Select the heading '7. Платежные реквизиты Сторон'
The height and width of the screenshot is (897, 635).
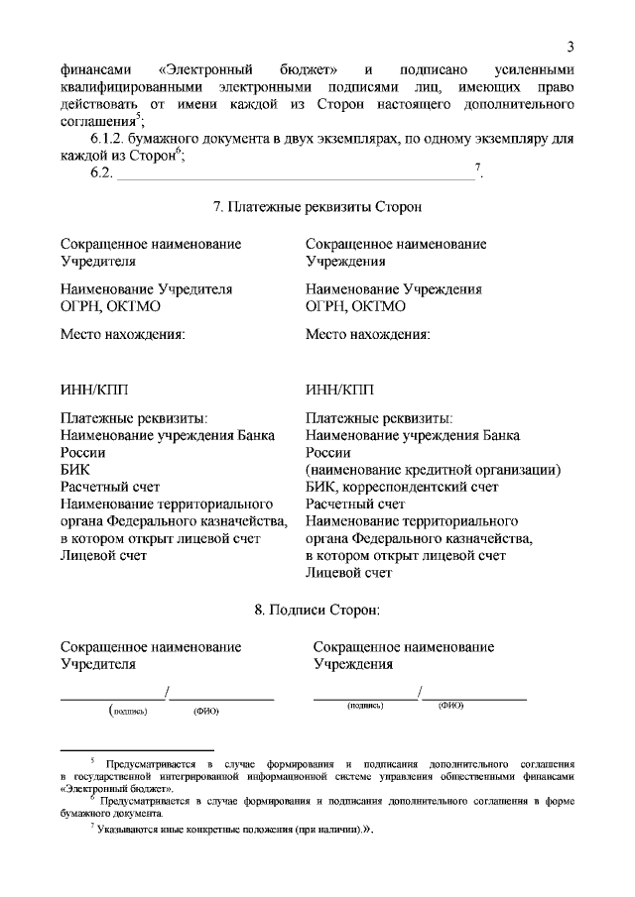[x=317, y=208]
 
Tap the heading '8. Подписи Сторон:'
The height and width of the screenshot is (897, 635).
[x=317, y=610]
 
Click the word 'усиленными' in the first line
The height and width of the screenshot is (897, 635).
[x=533, y=71]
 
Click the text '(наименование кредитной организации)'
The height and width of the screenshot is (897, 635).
[x=434, y=470]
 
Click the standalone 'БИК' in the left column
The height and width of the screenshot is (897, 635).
[x=74, y=470]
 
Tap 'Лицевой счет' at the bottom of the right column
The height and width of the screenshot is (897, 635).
[x=349, y=572]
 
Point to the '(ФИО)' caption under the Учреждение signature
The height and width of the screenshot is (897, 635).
[x=450, y=705]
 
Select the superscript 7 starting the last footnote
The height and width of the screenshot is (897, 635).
[x=92, y=828]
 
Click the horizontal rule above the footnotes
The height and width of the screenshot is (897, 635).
[x=137, y=750]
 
